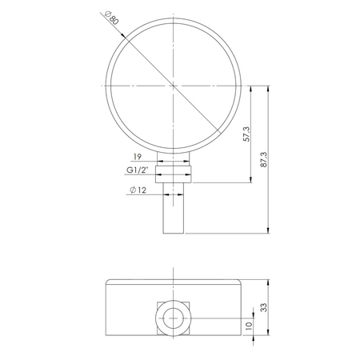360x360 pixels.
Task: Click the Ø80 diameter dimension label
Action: (x=111, y=17)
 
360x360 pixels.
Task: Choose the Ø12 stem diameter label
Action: (x=138, y=190)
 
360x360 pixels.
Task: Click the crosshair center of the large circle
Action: (x=174, y=85)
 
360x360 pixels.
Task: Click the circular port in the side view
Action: (x=174, y=318)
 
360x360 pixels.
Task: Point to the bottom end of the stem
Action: (x=174, y=233)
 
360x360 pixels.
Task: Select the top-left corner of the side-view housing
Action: (x=107, y=280)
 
